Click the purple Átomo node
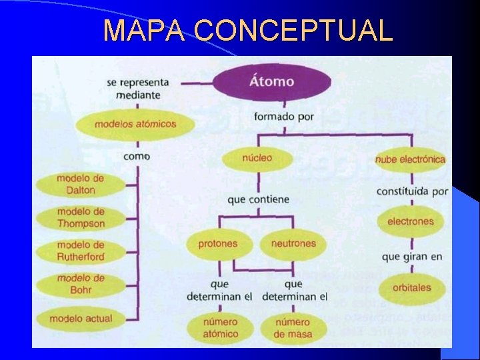[271, 82]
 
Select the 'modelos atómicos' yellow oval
[135, 124]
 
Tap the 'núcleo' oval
[257, 159]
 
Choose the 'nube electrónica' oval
[410, 159]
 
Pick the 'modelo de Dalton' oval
[81, 184]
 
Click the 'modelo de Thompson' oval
[81, 217]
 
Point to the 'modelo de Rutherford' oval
[81, 251]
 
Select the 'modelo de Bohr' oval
[81, 284]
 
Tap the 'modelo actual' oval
[81, 319]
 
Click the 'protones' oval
[217, 244]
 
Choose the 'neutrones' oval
[293, 244]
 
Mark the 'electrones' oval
[410, 221]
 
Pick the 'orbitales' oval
[411, 288]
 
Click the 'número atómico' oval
[221, 328]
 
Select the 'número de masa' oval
[293, 328]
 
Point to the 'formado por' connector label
[284, 116]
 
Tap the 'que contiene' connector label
[258, 199]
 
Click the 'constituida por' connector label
[412, 191]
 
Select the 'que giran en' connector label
[412, 256]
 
